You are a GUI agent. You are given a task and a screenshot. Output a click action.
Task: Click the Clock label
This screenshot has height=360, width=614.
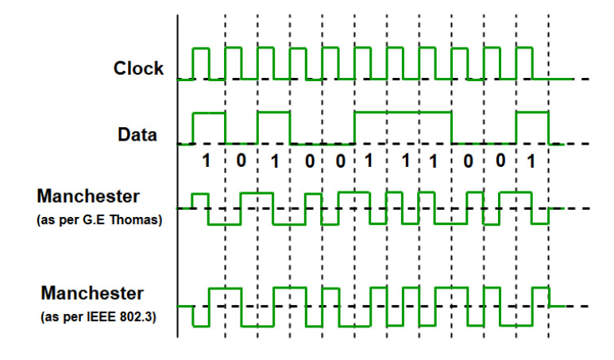pos(138,68)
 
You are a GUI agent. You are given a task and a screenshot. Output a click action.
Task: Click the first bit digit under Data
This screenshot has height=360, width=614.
pos(207,161)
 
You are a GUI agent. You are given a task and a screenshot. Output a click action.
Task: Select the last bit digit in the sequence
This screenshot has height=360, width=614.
pos(531,161)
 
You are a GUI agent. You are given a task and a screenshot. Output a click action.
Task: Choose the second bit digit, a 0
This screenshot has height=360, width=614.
pos(241,161)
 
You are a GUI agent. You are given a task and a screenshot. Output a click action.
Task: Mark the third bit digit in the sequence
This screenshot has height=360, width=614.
pos(274,161)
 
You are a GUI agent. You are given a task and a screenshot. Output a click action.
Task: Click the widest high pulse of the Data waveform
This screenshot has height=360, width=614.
pos(403,114)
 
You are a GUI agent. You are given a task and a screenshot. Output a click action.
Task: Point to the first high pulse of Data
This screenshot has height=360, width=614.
pos(209,114)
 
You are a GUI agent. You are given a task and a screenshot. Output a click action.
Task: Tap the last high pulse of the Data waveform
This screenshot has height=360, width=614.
pos(531,114)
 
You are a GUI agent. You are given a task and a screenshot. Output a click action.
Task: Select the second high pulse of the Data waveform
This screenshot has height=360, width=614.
pos(273,114)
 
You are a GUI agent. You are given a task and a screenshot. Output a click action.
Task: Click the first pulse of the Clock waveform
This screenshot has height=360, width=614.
pos(200,49)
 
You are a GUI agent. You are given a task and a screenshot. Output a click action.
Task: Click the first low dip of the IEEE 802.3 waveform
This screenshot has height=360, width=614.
pos(200,324)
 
